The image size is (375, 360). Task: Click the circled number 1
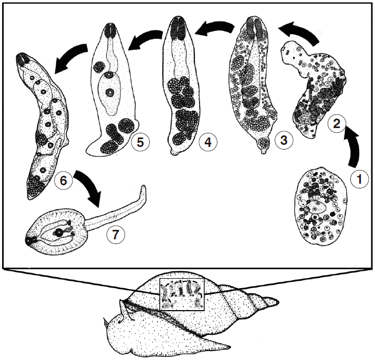click(359, 179)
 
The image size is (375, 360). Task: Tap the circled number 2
click(337, 123)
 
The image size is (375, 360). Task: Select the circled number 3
click(284, 140)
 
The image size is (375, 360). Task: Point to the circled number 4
click(208, 142)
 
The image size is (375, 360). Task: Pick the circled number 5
click(140, 142)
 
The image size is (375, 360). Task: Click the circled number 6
click(64, 180)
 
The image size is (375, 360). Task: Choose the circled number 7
click(116, 235)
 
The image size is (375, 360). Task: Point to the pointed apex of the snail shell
click(278, 302)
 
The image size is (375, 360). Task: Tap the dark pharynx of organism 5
click(110, 30)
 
